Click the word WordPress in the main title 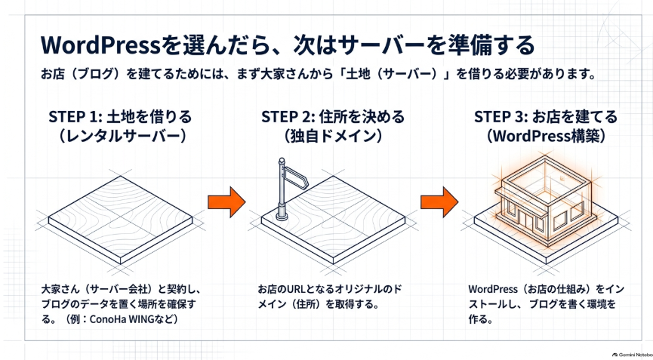tap(100, 45)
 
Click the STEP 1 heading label tap(120, 117)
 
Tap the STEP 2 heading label tap(333, 117)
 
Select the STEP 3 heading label tap(546, 117)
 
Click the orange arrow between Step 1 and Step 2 tap(226, 202)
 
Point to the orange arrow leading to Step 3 tap(439, 202)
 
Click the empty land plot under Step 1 tap(120, 220)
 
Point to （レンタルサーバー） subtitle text tap(121, 136)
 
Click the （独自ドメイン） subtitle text tap(333, 136)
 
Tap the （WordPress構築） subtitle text tap(546, 136)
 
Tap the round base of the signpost tap(282, 215)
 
